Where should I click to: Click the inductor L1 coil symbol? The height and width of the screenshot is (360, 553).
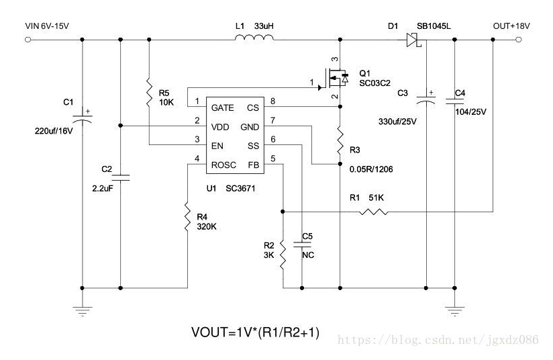[254, 38]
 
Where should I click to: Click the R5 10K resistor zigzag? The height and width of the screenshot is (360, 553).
[149, 93]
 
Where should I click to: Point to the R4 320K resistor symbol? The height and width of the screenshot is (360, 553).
[188, 217]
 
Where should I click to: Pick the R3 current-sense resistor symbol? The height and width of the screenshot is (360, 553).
[340, 140]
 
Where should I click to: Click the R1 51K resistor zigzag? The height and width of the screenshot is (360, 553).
[374, 212]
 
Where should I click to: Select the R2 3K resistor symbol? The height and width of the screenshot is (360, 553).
[283, 255]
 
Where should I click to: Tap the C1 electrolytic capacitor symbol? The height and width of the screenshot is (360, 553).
[83, 116]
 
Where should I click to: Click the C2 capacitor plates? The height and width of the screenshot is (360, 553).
[121, 177]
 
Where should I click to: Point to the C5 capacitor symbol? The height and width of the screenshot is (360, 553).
[302, 244]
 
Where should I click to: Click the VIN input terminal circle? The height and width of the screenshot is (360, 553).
[28, 40]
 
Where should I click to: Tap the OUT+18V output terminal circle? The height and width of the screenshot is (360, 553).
[518, 40]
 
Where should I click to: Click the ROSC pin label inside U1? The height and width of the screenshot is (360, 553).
[223, 165]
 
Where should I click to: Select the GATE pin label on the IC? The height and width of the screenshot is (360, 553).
[223, 107]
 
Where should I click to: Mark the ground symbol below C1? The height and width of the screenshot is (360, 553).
[83, 311]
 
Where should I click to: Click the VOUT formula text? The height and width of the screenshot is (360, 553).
[255, 332]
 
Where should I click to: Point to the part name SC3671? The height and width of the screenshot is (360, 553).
[240, 189]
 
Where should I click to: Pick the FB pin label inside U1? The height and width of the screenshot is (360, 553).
[253, 165]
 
